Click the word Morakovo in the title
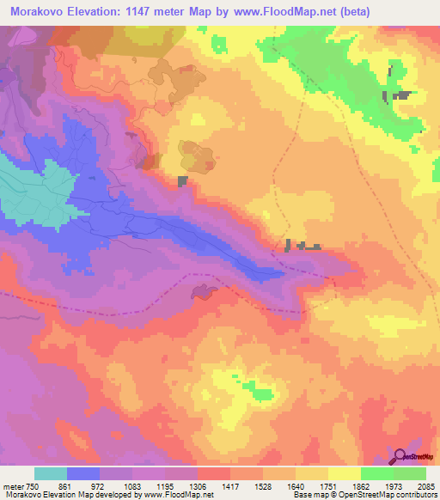click(38, 13)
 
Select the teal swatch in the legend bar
click(51, 473)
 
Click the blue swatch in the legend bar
click(83, 473)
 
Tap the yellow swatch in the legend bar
click(344, 473)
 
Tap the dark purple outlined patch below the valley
click(203, 292)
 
